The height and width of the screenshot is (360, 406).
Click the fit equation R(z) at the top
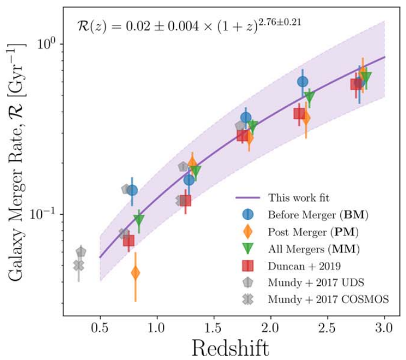pos(189,24)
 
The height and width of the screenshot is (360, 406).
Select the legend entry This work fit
pos(299,197)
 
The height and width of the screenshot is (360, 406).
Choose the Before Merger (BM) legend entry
pos(318,214)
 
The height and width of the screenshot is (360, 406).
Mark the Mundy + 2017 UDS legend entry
pos(315,282)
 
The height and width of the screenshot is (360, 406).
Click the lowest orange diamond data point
pos(135,273)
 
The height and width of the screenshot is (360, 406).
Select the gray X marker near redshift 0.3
pos(79,266)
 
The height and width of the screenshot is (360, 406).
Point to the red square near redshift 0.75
pos(129,240)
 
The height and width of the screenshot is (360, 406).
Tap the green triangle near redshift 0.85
pos(139,220)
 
